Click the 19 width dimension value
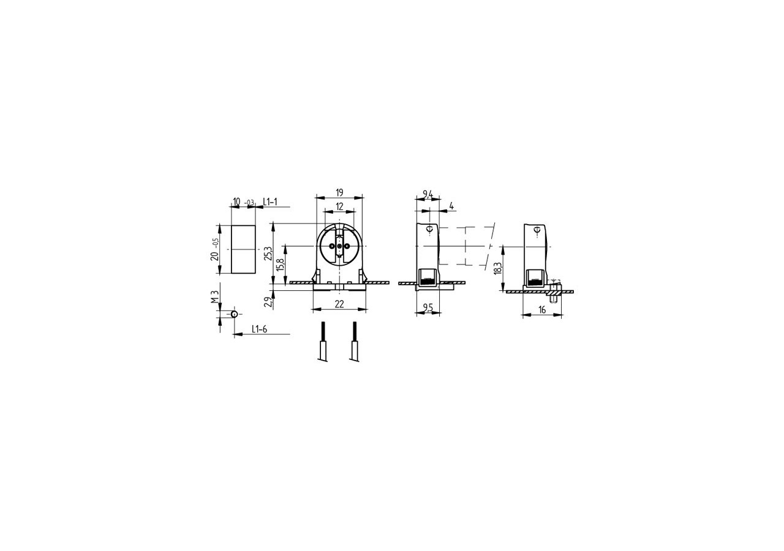pos(339,193)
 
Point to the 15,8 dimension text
pos(281,264)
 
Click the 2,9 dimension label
pos(267,301)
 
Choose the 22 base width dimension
pos(339,304)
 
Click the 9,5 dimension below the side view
pos(428,308)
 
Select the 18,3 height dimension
pos(498,268)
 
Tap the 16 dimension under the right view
pos(542,310)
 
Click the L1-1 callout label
pos(270,201)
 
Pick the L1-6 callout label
pos(260,329)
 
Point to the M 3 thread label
pos(214,297)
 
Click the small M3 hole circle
pos(234,314)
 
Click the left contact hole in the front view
pos(332,246)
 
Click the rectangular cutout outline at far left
pos(243,250)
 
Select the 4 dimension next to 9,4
pos(451,206)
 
